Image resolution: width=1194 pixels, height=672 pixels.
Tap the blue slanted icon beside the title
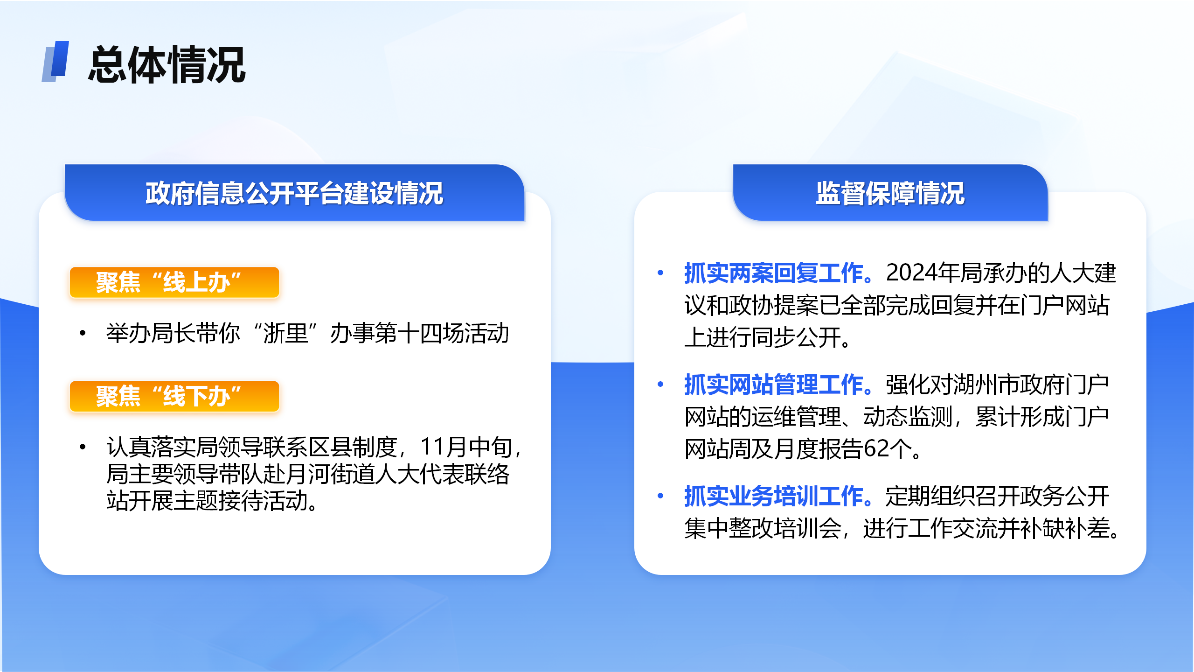coord(56,62)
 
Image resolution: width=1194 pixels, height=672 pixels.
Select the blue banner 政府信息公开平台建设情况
coord(294,192)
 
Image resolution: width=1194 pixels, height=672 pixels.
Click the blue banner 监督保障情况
coord(890,192)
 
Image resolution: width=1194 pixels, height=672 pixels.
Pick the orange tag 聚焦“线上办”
coord(174,282)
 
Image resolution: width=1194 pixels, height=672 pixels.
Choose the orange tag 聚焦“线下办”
coord(174,396)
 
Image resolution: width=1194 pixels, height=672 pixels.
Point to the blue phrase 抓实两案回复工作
coord(773,273)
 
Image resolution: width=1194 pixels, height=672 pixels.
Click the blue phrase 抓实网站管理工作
coord(773,385)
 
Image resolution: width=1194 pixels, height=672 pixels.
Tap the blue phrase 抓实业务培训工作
coord(773,496)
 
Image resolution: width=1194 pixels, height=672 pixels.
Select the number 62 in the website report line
coord(876,449)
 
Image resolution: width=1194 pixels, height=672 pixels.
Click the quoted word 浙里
coord(286,333)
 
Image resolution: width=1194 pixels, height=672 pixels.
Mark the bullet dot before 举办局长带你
coord(83,333)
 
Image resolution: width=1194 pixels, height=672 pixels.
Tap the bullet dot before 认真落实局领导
coord(83,447)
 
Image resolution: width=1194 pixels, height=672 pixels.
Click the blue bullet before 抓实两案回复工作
coord(660,273)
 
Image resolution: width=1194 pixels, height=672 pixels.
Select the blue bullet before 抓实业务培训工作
coord(660,496)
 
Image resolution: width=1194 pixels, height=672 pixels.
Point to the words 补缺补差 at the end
coord(1064,528)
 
